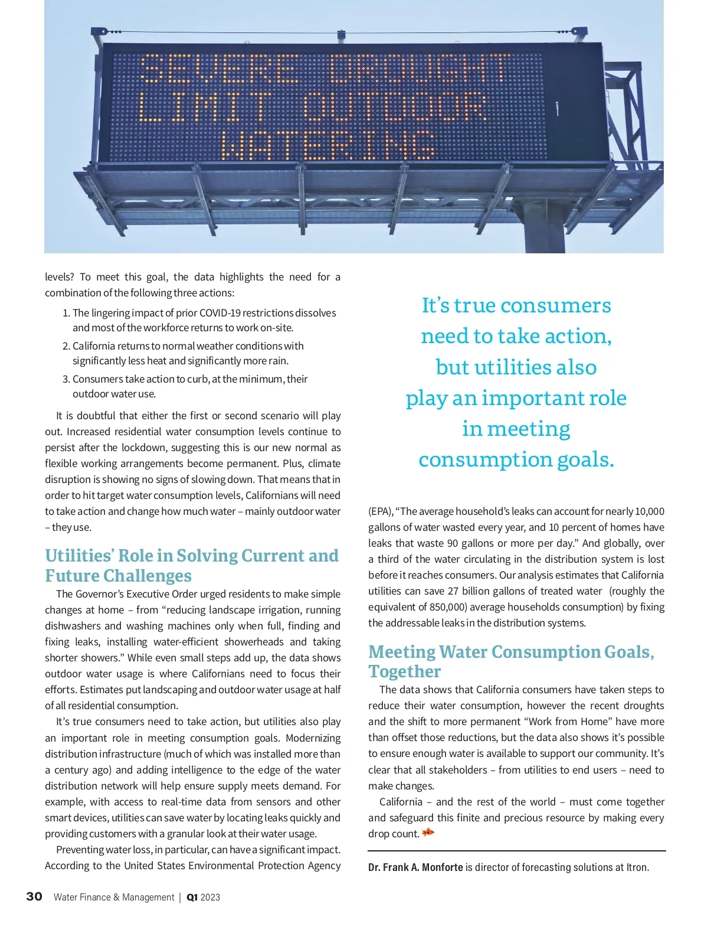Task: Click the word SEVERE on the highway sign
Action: (x=218, y=70)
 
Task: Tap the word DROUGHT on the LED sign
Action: (x=419, y=68)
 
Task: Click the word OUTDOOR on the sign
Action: (x=394, y=107)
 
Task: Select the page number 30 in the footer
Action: (x=34, y=896)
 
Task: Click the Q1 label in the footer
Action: (x=192, y=898)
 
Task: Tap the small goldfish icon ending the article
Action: (x=428, y=833)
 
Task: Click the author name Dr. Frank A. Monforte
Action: (x=415, y=867)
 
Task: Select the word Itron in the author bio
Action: (x=637, y=867)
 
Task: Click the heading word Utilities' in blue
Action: (x=79, y=556)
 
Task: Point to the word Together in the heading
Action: (x=405, y=671)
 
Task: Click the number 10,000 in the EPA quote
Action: (x=650, y=511)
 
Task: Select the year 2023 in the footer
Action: (x=211, y=898)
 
